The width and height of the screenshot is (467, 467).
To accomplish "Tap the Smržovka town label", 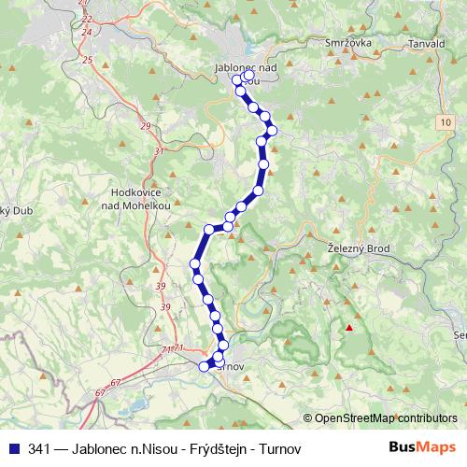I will (x=347, y=44).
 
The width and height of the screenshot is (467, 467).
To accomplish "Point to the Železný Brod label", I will (x=360, y=248).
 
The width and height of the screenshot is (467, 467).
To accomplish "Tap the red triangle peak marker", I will (x=349, y=328).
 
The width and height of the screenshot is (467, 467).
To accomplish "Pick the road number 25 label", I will (x=89, y=60).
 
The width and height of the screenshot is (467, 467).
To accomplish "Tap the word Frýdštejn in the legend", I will (x=192, y=449).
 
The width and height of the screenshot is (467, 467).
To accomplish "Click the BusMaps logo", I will (x=423, y=448).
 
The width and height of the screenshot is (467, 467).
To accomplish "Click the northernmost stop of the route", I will (x=237, y=80).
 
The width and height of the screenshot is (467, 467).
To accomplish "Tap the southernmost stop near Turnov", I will (x=205, y=366).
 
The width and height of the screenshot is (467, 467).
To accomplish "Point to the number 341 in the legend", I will (x=40, y=449).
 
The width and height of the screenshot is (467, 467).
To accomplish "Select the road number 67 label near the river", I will (x=115, y=382).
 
